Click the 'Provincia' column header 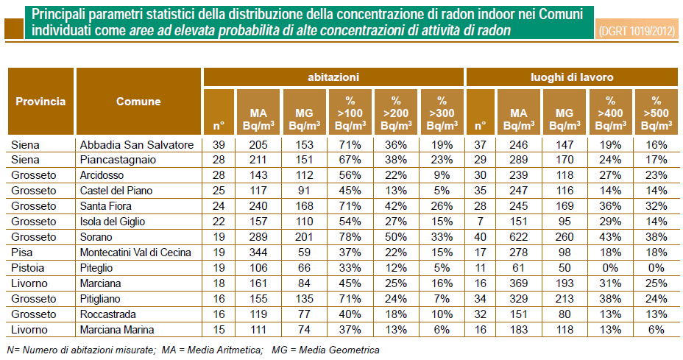41,102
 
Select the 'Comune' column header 138,102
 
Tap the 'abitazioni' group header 333,77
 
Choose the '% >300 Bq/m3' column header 441,112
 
